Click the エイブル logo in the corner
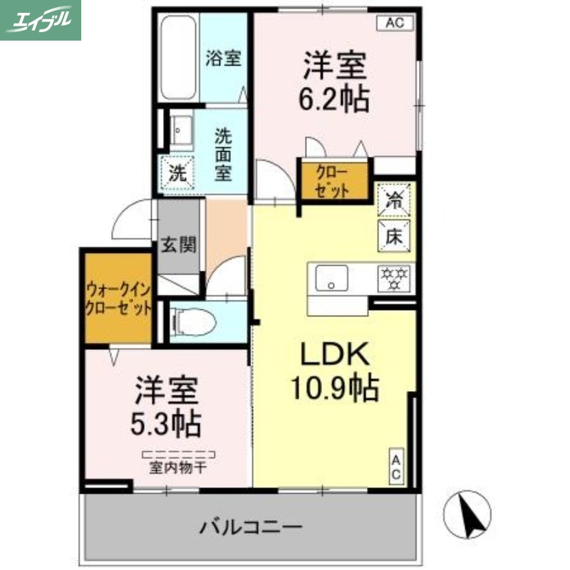pyautogui.click(x=41, y=20)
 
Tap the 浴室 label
pyautogui.click(x=223, y=58)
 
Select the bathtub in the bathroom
pyautogui.click(x=178, y=58)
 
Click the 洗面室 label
pyautogui.click(x=224, y=152)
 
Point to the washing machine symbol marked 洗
pyautogui.click(x=177, y=172)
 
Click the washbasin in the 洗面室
pyautogui.click(x=177, y=131)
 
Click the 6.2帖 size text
pyautogui.click(x=334, y=100)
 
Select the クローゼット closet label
pyautogui.click(x=333, y=181)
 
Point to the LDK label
pyautogui.click(x=333, y=354)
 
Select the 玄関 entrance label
pyautogui.click(x=177, y=244)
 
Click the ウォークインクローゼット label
pyautogui.click(x=118, y=299)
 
